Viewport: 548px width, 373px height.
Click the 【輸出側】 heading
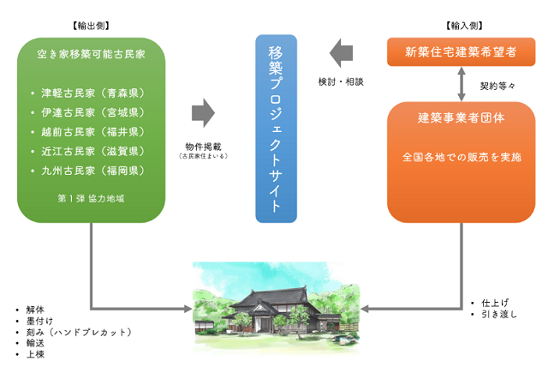(91, 27)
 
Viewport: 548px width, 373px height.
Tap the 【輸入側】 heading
(462, 27)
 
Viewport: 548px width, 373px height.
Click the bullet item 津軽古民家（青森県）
(92, 93)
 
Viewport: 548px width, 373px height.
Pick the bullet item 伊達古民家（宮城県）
(92, 112)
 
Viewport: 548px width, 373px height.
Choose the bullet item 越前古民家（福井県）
(92, 132)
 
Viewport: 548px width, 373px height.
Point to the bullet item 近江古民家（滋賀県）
(92, 151)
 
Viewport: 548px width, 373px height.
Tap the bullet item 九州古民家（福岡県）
(92, 171)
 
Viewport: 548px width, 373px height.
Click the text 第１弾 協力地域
(91, 198)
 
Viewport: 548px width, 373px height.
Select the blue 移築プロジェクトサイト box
(277, 129)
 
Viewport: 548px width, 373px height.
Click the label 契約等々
(498, 86)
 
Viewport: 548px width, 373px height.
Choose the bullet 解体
(35, 309)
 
